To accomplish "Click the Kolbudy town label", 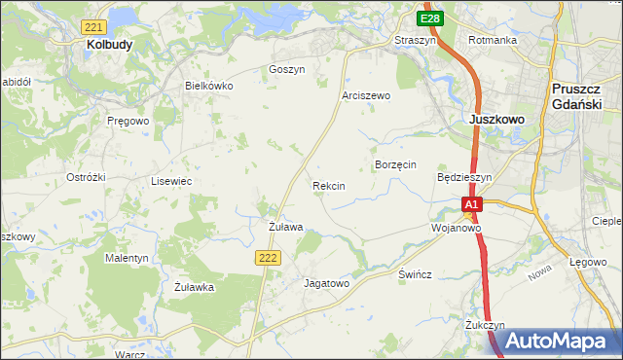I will point(109,45).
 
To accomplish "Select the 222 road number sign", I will point(270,257).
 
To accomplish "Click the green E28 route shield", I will point(431,18).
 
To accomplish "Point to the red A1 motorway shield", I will point(472,204).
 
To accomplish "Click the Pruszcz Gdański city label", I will point(580,94).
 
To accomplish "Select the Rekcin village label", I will point(329,185).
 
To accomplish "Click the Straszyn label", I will point(414,40).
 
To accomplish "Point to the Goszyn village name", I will point(287,70).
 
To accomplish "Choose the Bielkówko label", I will point(209,86).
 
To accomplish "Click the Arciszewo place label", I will point(366,95).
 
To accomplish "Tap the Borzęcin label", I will point(396,165).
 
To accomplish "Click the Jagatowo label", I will point(326,283).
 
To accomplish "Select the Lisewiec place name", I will point(170,181).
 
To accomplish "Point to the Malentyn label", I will point(127,259).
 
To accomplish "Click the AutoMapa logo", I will point(557,342).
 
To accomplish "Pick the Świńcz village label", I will point(415,274).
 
